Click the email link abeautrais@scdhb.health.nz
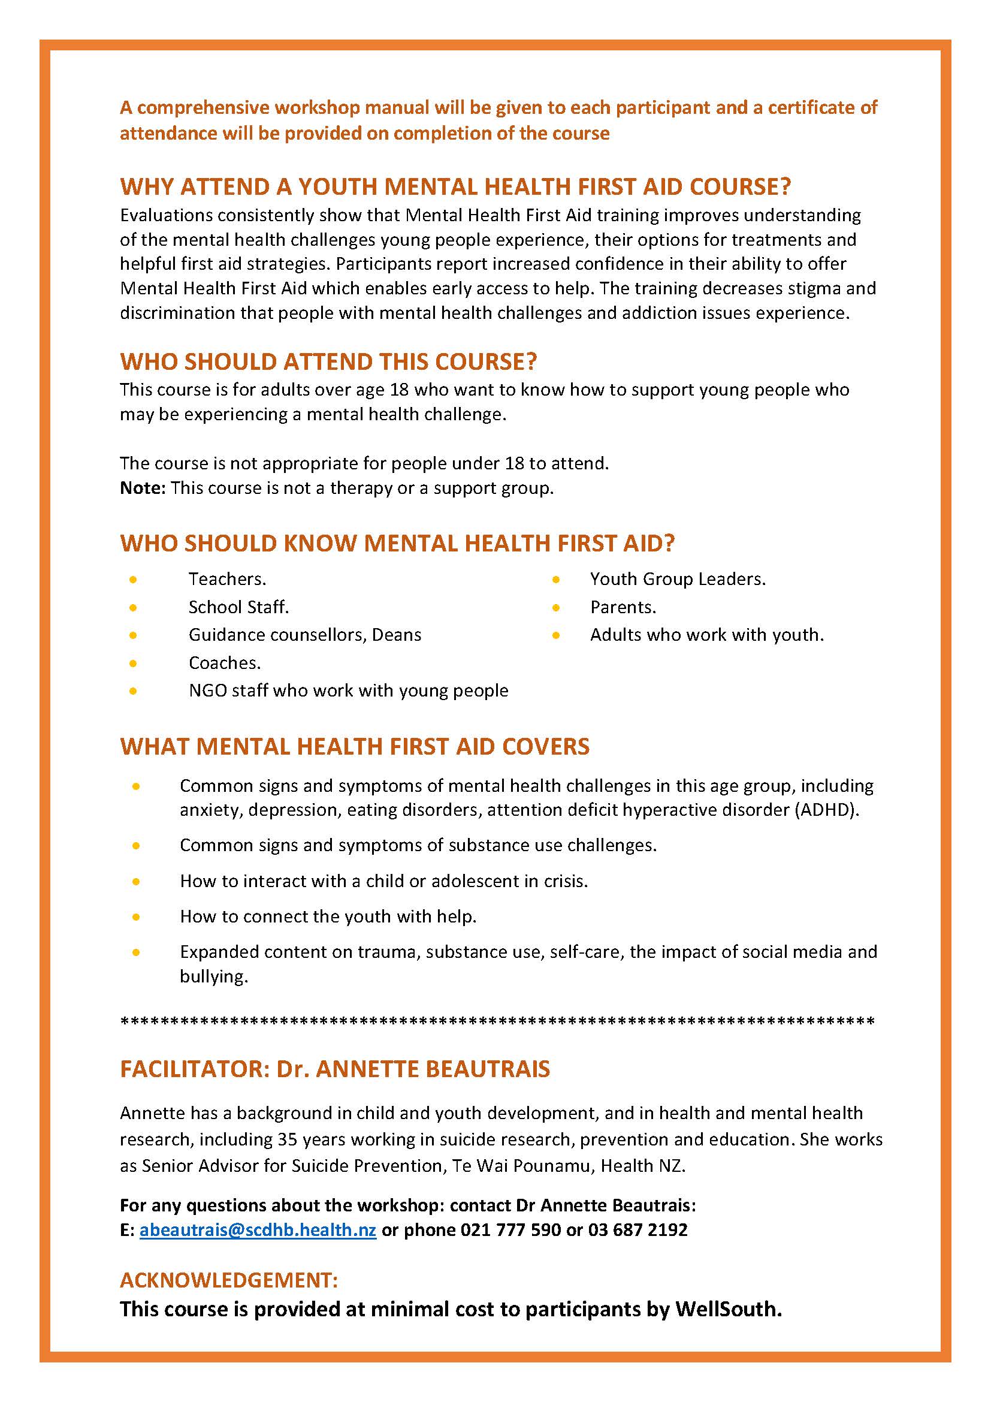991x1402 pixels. (x=258, y=1230)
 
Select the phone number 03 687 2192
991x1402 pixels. (x=637, y=1230)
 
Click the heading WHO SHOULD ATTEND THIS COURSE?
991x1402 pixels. (x=328, y=361)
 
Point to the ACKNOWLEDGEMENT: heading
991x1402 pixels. (x=229, y=1280)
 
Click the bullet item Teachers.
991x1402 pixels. (x=227, y=579)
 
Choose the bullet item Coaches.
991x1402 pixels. (x=225, y=662)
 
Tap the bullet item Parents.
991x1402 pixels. (x=623, y=607)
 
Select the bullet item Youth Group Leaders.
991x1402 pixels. (x=678, y=579)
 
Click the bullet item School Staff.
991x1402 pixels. (x=238, y=607)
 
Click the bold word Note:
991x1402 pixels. (x=143, y=488)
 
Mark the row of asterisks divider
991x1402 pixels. (x=497, y=1021)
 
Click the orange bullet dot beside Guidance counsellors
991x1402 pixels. (x=133, y=635)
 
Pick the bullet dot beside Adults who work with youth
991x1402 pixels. (x=555, y=635)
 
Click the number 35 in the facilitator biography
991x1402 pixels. (x=288, y=1139)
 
